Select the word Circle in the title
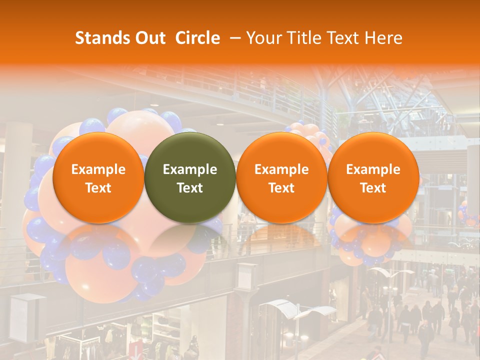pos(197,38)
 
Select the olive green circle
pos(190,177)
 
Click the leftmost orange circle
pos(98,177)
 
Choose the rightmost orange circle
pos(373,177)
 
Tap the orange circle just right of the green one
pos(281,177)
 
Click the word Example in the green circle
pos(190,169)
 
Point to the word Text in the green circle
pos(190,188)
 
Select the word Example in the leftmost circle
pos(98,169)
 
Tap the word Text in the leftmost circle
pos(98,188)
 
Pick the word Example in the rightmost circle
pos(373,169)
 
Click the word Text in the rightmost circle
pos(373,188)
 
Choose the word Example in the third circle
pos(281,169)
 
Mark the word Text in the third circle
pos(281,188)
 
